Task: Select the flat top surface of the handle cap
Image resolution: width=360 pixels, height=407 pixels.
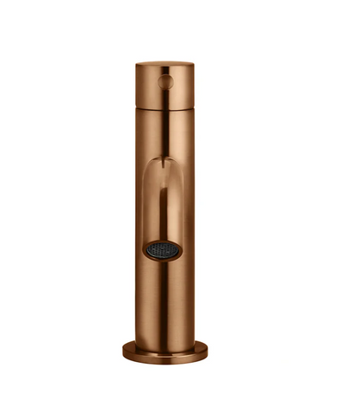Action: pos(165,64)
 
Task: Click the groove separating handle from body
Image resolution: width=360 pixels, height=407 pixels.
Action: pos(165,107)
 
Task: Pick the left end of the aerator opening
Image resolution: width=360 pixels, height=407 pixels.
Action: pos(145,249)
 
